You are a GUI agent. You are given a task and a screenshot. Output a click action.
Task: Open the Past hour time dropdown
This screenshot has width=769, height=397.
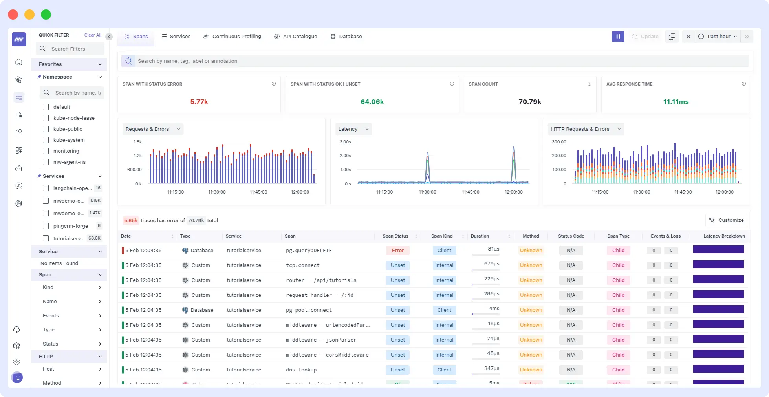(x=718, y=37)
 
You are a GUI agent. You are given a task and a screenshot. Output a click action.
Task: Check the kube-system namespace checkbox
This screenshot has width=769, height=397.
(x=46, y=140)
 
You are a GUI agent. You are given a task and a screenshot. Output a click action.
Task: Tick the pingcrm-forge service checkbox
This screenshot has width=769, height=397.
(x=46, y=226)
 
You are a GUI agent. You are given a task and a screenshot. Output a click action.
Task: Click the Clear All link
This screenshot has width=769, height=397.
(x=93, y=35)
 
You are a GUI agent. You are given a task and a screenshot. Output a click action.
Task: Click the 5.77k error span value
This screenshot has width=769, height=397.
(x=199, y=102)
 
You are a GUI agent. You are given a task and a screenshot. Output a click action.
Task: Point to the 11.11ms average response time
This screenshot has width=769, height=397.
(x=676, y=102)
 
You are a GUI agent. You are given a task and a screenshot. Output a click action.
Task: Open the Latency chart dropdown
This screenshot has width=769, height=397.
(x=353, y=129)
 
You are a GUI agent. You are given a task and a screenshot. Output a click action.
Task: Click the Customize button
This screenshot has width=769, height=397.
(x=726, y=220)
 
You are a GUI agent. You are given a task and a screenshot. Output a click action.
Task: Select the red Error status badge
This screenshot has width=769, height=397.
(x=397, y=251)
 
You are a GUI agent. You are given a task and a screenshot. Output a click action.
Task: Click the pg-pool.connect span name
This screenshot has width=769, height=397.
(x=309, y=310)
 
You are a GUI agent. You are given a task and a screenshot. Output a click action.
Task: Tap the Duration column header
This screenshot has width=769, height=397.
(x=480, y=236)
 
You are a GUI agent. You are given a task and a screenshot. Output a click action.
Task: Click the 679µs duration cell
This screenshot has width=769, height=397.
(x=491, y=264)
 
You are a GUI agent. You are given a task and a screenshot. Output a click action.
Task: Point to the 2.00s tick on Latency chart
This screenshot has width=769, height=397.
(x=345, y=156)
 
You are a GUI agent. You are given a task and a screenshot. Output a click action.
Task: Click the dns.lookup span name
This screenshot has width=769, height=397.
(x=301, y=370)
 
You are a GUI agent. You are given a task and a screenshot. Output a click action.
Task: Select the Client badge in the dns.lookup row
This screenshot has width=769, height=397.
(x=444, y=370)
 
